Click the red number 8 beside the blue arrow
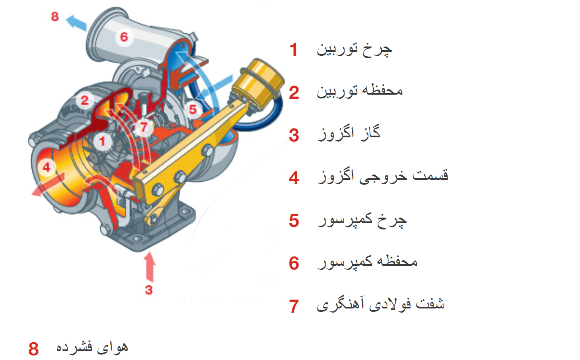(55, 16)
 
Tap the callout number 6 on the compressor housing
(124, 37)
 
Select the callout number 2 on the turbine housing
(85, 101)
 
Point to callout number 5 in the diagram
(193, 109)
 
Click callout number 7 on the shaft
(144, 127)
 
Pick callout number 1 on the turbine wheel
(103, 141)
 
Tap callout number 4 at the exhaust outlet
(47, 167)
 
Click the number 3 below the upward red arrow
(149, 290)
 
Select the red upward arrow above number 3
(150, 267)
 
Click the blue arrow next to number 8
(77, 23)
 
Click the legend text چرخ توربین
(354, 50)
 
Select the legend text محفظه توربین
(360, 91)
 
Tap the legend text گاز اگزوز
(349, 133)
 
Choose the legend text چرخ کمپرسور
(362, 221)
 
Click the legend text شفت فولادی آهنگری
(380, 304)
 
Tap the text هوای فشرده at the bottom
(92, 347)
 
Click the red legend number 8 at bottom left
(34, 349)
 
